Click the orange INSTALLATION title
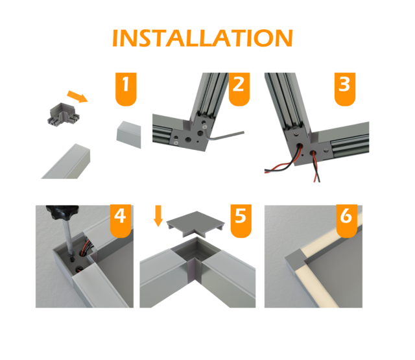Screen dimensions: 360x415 (202, 38)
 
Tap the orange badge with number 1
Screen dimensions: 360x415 (126, 88)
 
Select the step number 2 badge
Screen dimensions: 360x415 (238, 88)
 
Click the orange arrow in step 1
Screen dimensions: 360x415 (78, 97)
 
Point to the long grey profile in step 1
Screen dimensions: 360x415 (68, 163)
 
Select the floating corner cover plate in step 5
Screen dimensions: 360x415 (195, 227)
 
